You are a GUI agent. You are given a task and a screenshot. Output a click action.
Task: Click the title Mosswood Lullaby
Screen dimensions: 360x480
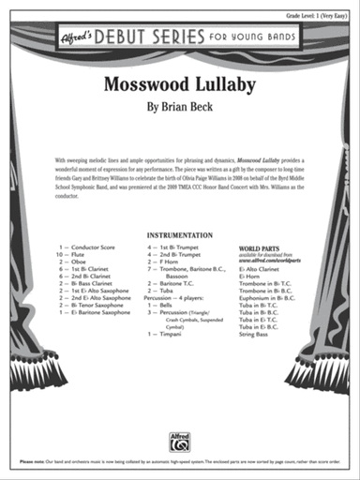[180, 83]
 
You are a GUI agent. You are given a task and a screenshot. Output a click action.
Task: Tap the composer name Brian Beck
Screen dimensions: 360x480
[180, 108]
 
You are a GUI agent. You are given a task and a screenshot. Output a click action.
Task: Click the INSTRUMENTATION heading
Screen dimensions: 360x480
[180, 235]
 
